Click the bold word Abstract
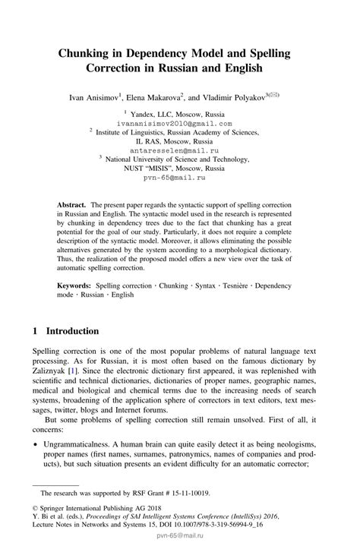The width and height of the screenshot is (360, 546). pos(71,205)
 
